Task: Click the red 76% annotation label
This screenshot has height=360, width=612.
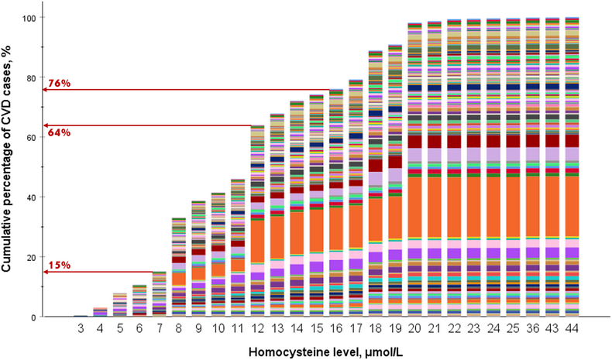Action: pos(60,84)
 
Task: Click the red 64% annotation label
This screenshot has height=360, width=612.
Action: pos(60,132)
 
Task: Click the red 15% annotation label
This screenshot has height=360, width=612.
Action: pos(60,266)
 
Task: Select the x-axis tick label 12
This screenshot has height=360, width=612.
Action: pos(257,331)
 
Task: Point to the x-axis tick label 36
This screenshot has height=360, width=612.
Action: pos(531,331)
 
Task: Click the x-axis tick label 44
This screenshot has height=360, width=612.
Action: pos(571,331)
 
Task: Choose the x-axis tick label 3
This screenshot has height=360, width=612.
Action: pos(80,331)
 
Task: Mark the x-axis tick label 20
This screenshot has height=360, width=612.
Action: pos(414,331)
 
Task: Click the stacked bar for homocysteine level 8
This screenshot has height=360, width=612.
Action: pos(178,267)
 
